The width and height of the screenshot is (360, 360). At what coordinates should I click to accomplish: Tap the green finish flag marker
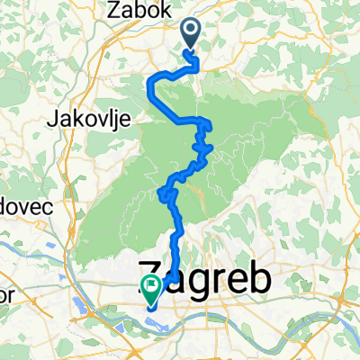point(150,289)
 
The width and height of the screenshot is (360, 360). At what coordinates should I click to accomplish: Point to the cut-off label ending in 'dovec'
point(26,205)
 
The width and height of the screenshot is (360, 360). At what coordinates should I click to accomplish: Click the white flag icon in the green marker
point(150,287)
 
